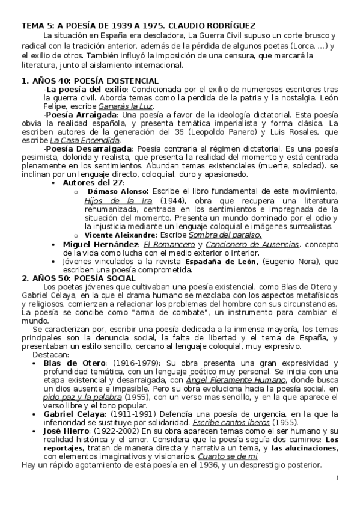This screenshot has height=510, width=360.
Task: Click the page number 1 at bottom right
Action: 338,478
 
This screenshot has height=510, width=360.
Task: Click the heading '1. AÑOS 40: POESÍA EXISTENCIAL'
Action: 90,81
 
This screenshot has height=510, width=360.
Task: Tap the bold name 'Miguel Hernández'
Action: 100,244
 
